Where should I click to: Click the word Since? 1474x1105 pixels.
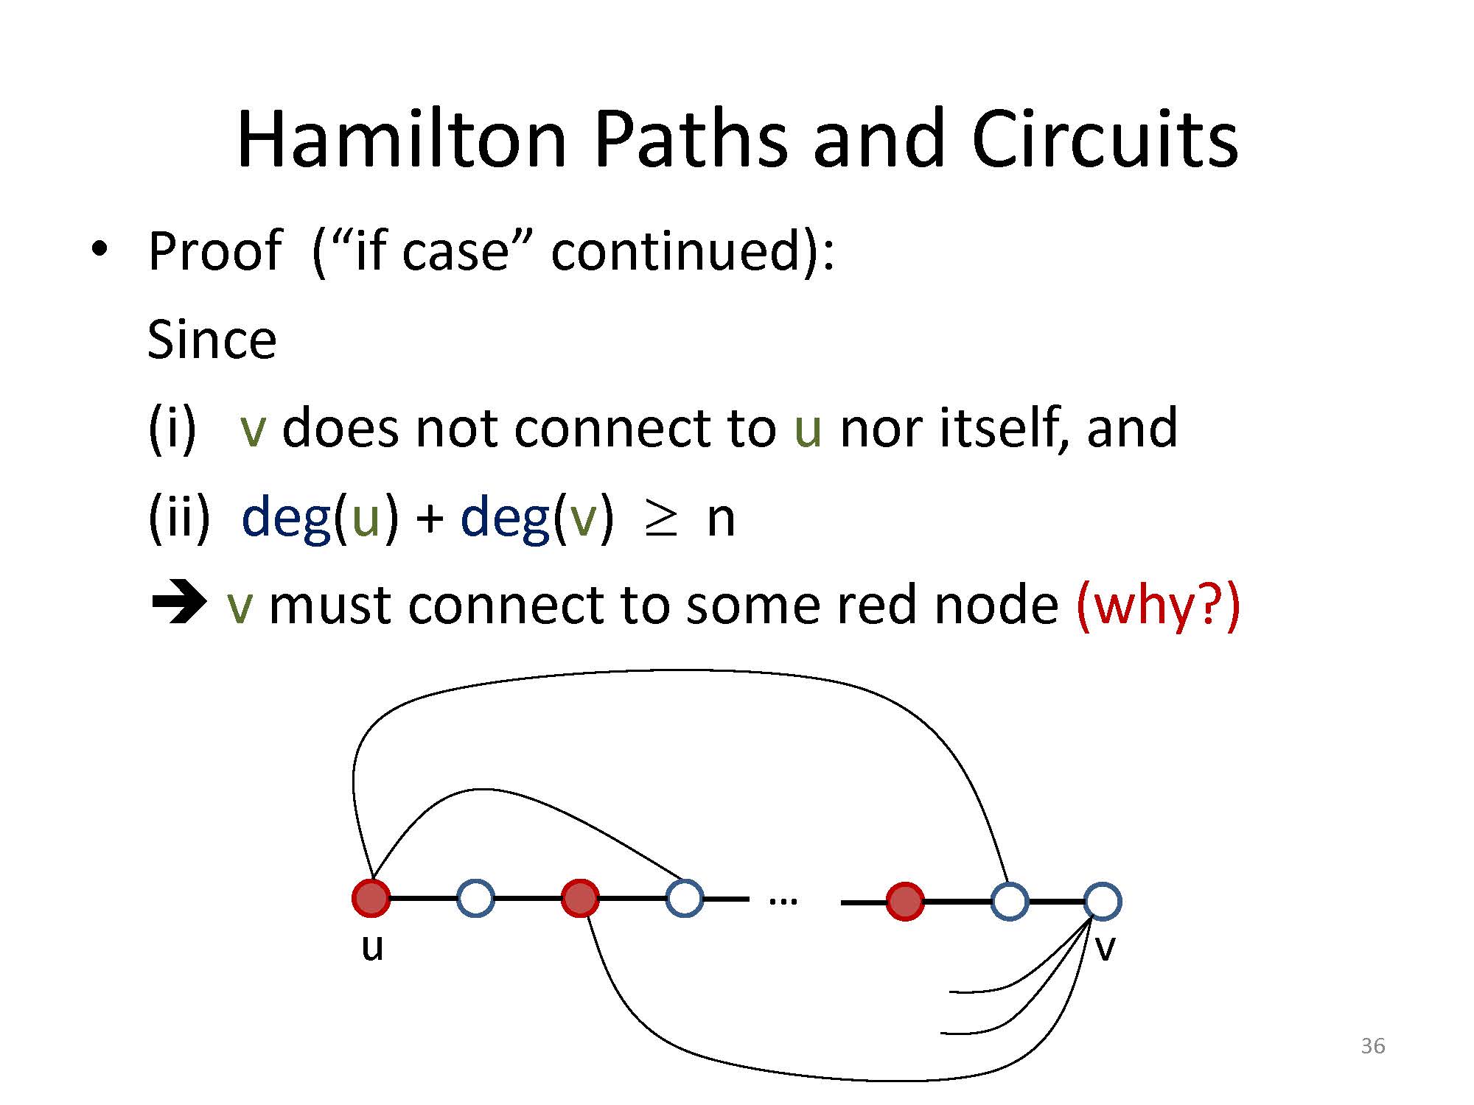(x=212, y=340)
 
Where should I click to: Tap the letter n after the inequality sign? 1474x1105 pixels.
(x=721, y=519)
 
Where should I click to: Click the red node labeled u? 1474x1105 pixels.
(x=371, y=898)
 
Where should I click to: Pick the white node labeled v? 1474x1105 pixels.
(x=1103, y=901)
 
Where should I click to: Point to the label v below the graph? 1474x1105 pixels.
(x=1105, y=949)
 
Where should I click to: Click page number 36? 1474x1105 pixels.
(x=1373, y=1046)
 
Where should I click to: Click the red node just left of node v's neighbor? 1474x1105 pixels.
(x=905, y=901)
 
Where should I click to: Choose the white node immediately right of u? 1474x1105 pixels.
(x=475, y=898)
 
